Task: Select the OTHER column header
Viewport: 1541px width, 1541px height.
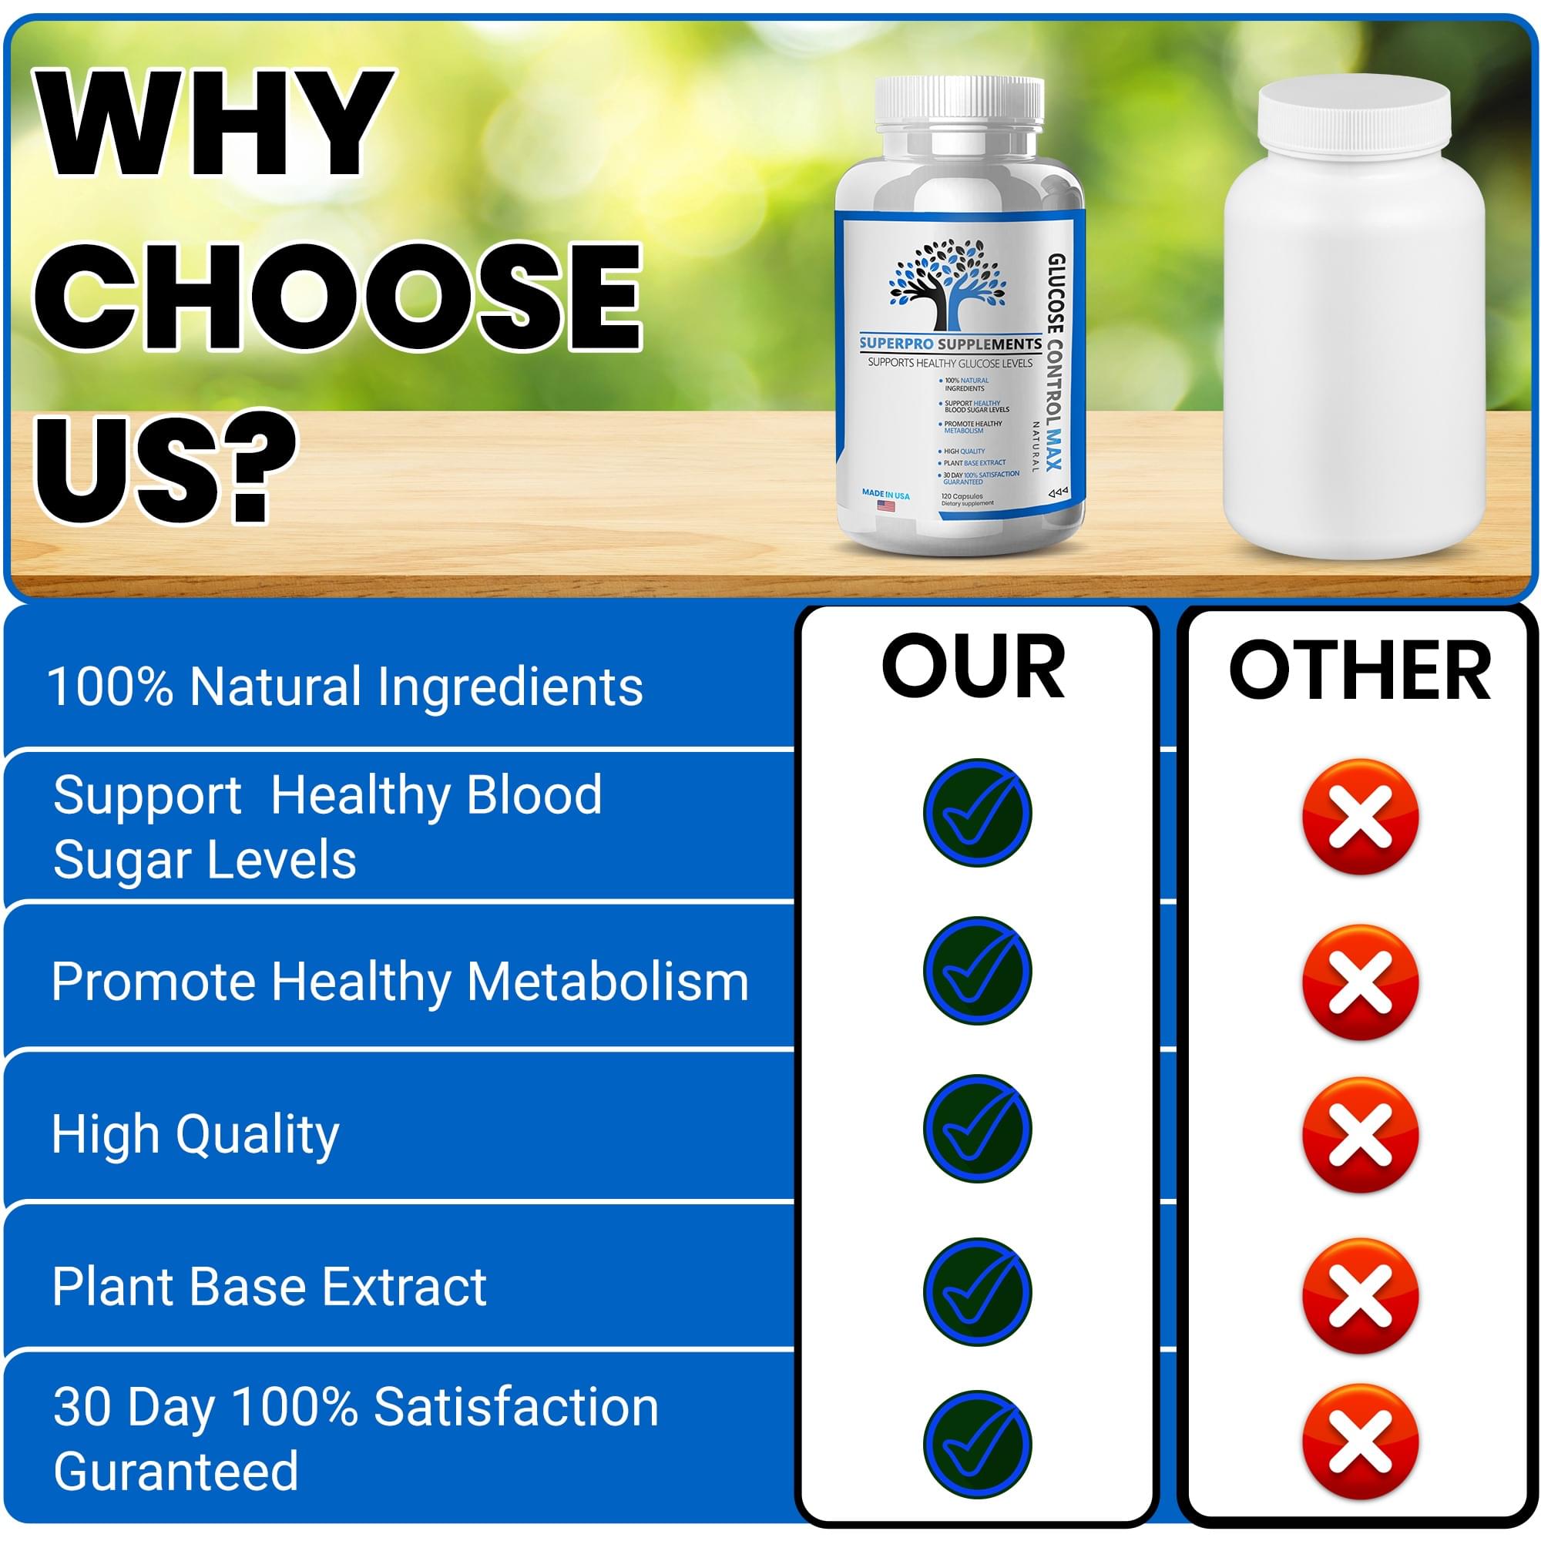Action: [x=1359, y=670]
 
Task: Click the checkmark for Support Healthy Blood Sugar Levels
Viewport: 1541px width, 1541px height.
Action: [x=977, y=813]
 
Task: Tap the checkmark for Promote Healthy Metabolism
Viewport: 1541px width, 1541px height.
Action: [x=977, y=971]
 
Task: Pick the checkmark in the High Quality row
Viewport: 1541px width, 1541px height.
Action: [x=977, y=1129]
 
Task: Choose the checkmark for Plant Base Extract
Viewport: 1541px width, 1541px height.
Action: [x=977, y=1291]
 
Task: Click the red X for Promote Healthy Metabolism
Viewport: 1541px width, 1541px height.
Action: [x=1361, y=982]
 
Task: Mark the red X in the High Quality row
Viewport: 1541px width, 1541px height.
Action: [x=1361, y=1135]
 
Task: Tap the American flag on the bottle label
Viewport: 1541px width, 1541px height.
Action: [x=885, y=505]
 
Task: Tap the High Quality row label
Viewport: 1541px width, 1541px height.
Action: [x=196, y=1134]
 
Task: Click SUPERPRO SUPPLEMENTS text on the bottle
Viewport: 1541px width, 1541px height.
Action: [x=950, y=344]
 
